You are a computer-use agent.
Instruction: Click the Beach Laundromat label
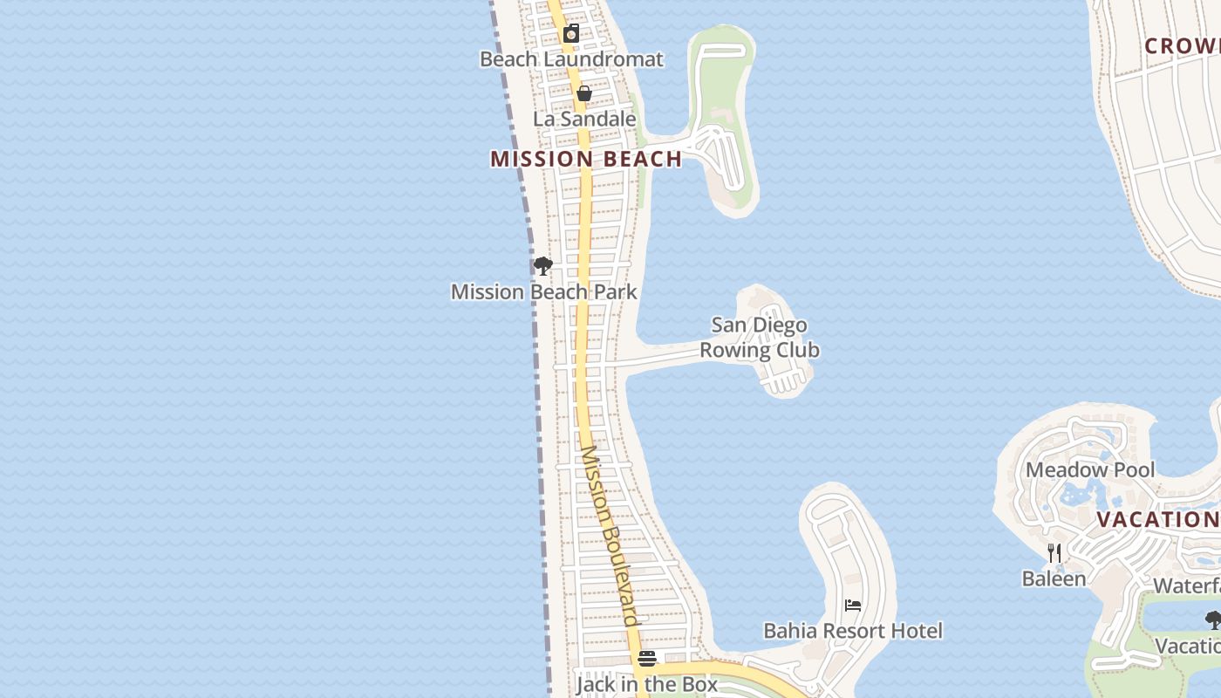point(571,59)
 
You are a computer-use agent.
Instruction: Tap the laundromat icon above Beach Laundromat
point(571,34)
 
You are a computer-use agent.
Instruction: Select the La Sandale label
point(584,119)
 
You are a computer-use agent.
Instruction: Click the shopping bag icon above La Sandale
point(584,93)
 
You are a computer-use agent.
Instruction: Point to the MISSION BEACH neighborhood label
point(586,159)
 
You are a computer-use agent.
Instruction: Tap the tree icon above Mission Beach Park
point(543,266)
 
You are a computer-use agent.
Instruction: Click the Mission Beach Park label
point(544,291)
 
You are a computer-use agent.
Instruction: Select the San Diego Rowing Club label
point(760,338)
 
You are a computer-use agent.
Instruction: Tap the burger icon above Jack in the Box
point(646,659)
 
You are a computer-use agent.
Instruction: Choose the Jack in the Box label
point(646,684)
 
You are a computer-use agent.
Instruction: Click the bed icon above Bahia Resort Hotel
point(853,606)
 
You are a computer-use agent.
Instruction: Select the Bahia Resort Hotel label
point(853,631)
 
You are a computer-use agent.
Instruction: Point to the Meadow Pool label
point(1090,470)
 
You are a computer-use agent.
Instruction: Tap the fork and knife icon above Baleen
point(1054,553)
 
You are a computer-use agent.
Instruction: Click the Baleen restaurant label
point(1054,578)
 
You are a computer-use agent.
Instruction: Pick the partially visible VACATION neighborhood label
point(1157,519)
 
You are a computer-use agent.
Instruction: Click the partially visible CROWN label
point(1182,45)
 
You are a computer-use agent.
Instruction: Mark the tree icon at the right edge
point(1212,620)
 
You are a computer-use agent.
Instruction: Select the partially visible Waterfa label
point(1187,585)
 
